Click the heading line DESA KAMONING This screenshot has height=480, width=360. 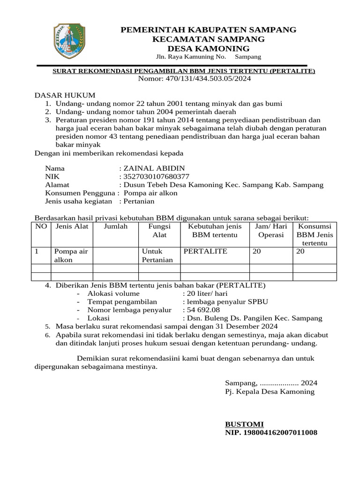click(x=209, y=49)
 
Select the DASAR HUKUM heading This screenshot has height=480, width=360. click(x=65, y=95)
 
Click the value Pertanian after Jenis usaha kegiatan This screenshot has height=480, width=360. click(x=138, y=201)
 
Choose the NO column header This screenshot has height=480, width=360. click(x=41, y=226)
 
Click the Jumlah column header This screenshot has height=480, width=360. click(x=115, y=226)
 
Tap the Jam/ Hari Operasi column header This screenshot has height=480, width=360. click(x=271, y=231)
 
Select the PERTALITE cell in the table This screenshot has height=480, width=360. click(x=205, y=251)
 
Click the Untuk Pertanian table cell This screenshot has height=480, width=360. click(x=157, y=255)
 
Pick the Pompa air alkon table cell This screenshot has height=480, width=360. click(x=71, y=255)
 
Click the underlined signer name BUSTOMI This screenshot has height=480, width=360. click(x=244, y=424)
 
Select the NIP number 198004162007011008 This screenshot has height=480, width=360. click(x=271, y=432)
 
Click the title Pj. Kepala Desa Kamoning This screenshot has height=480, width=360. click(x=270, y=391)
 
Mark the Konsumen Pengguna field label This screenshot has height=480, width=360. click(x=80, y=193)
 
